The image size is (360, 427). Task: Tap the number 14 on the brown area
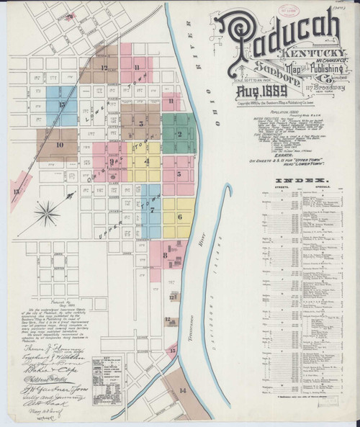coord(182,390)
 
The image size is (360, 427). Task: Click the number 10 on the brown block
coord(60,144)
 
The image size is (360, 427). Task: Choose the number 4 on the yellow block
coord(147,161)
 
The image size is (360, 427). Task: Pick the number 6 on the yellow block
coord(178,215)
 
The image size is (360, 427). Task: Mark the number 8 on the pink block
coord(165,254)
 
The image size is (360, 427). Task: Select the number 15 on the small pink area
coord(171,350)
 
